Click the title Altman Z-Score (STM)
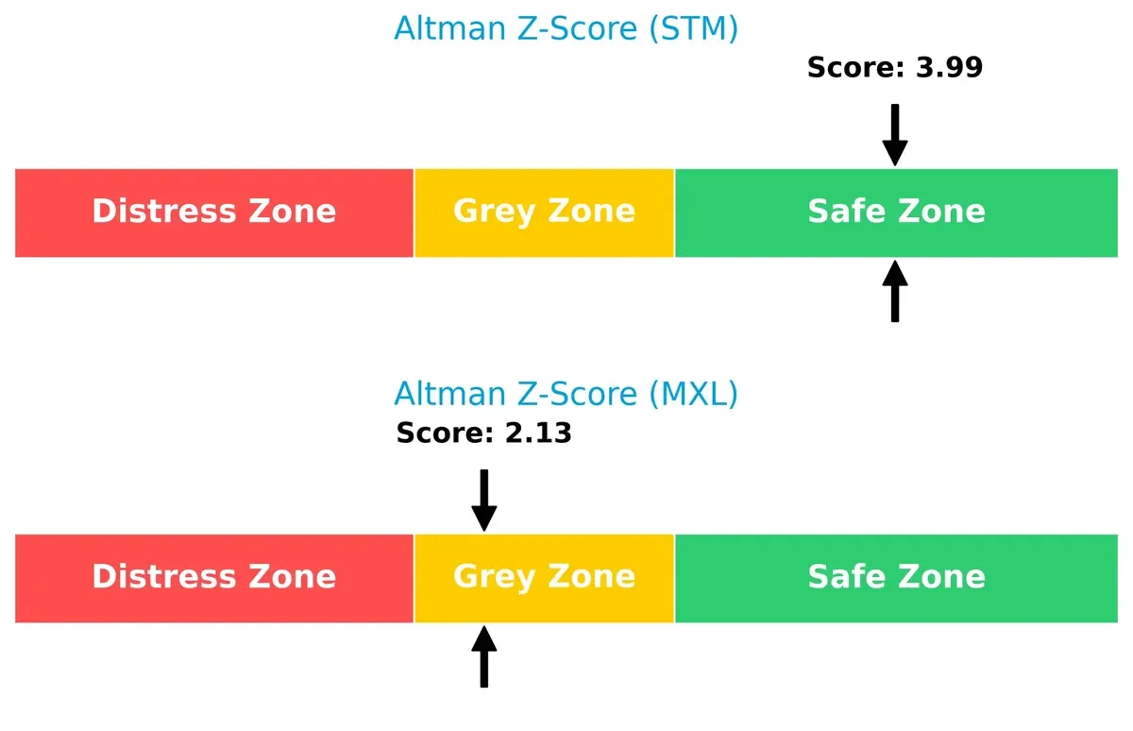click(x=566, y=29)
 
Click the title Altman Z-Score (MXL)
click(x=566, y=394)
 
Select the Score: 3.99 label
click(x=894, y=68)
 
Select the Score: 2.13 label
click(x=483, y=433)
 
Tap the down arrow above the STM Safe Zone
click(x=895, y=135)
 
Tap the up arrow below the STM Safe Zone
click(x=895, y=292)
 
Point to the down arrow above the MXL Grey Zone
click(x=483, y=501)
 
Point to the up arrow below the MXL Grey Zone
click(x=483, y=657)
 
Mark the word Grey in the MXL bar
click(x=491, y=577)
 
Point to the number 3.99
click(x=949, y=68)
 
